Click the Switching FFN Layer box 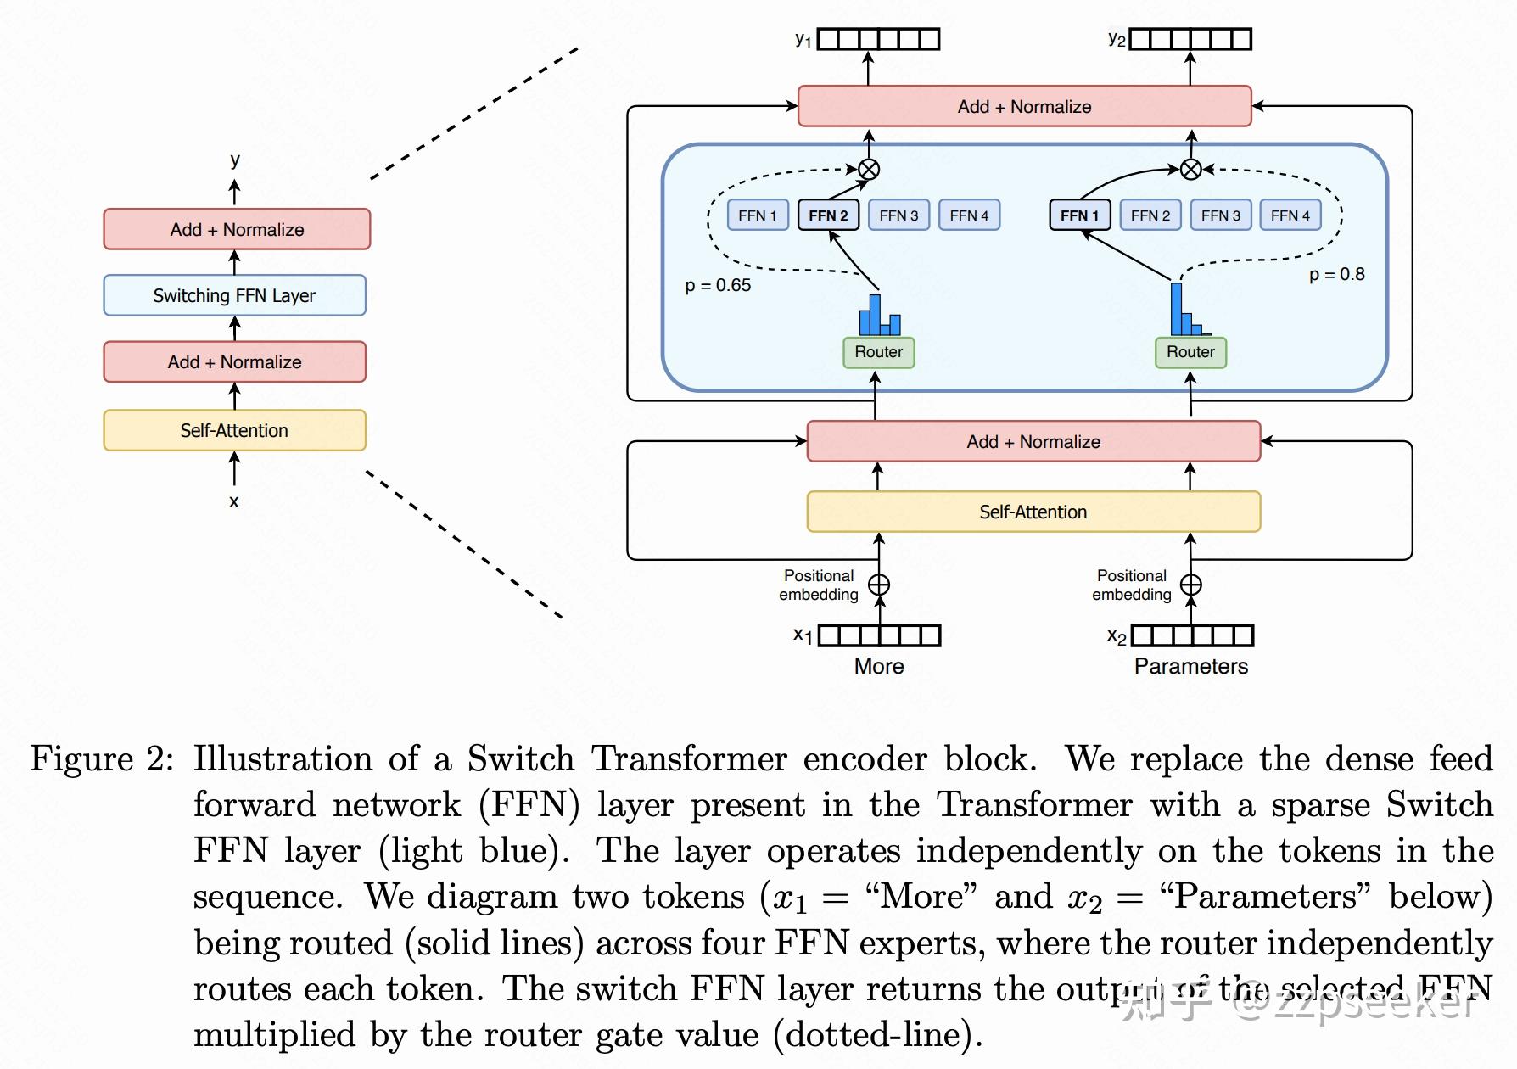coord(234,295)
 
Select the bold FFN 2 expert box coord(828,215)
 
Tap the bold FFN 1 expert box coord(1079,215)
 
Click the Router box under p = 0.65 coord(878,352)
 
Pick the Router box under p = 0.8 coord(1190,352)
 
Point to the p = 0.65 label coord(718,286)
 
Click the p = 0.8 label coord(1336,275)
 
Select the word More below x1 coord(879,667)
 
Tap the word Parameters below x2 coord(1190,667)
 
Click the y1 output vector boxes coord(878,39)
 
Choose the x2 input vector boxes coord(1192,635)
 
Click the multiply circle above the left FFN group coord(869,169)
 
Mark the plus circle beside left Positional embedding coord(879,585)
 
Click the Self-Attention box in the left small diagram coord(234,430)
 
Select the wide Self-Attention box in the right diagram coord(1033,512)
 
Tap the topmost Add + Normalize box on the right coord(1024,106)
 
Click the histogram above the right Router coord(1186,311)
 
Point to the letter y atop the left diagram coord(235,160)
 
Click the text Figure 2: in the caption coord(101,759)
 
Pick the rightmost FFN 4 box coord(1290,215)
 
